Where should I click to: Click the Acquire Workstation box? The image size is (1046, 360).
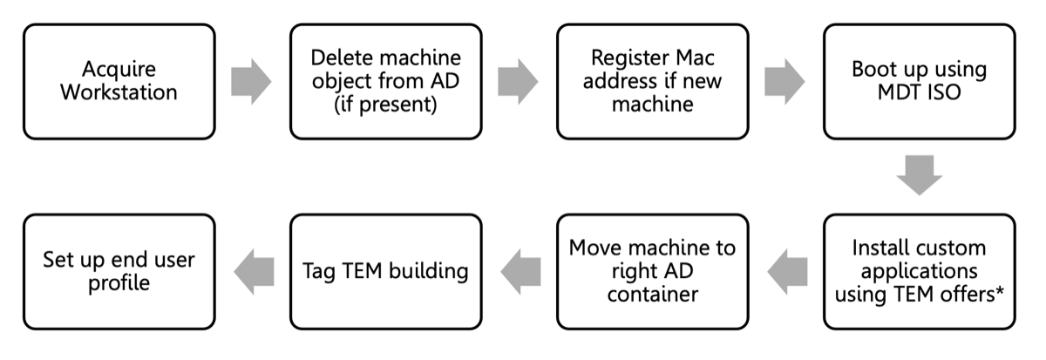[x=119, y=81]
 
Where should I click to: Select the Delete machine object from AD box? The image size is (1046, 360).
[x=386, y=81]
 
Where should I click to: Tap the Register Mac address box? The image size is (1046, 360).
[x=652, y=81]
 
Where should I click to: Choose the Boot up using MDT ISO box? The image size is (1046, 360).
[x=919, y=81]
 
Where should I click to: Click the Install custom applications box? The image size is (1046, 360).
[x=919, y=271]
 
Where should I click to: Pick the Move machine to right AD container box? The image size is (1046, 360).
[x=652, y=271]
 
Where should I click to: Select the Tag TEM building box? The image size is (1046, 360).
[x=386, y=271]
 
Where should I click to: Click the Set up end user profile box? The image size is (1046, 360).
[x=119, y=271]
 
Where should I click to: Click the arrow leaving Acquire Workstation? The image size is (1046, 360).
[x=252, y=82]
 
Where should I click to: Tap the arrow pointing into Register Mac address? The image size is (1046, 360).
[x=519, y=82]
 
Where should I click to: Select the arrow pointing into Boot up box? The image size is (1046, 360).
[x=785, y=82]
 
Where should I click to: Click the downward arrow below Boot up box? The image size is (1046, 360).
[x=919, y=175]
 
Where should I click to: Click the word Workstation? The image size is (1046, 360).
[x=119, y=92]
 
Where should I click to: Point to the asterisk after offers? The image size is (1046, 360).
[x=998, y=290]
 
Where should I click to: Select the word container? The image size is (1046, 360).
[x=652, y=294]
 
